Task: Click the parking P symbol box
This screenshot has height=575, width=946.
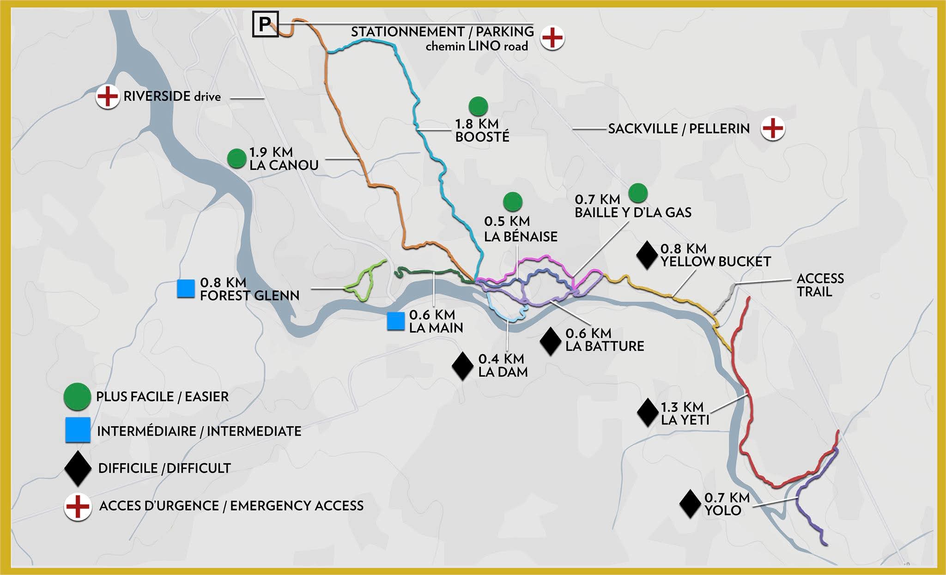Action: [x=265, y=24]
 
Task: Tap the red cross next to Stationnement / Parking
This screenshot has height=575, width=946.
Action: [x=552, y=38]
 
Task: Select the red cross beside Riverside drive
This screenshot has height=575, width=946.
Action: [x=108, y=97]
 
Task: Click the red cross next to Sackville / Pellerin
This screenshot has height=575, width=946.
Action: [x=773, y=128]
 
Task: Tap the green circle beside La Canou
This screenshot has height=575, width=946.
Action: [x=236, y=158]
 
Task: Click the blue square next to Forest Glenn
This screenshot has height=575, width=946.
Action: [x=186, y=289]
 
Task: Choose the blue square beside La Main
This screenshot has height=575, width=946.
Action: [x=396, y=321]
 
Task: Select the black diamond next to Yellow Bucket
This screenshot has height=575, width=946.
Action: [x=647, y=255]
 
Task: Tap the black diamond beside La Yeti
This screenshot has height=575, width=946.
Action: [x=648, y=412]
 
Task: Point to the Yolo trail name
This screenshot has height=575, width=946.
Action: [x=722, y=510]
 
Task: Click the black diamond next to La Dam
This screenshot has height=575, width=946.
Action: [x=462, y=366]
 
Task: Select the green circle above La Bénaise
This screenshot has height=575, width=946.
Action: [x=512, y=201]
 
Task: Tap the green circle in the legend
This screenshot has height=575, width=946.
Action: [x=77, y=396]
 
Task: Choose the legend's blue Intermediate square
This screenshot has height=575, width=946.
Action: [x=78, y=430]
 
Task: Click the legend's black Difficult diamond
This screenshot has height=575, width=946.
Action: [x=78, y=468]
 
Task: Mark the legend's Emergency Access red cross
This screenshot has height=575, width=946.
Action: [x=78, y=506]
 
